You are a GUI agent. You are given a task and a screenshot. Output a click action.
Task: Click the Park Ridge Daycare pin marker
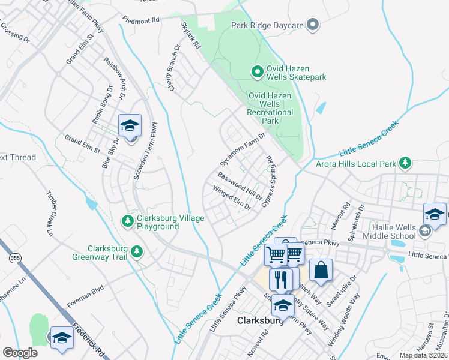coord(312,25)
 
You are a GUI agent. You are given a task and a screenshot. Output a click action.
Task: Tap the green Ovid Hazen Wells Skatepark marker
coord(258,73)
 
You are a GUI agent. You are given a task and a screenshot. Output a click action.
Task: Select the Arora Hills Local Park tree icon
coord(406,163)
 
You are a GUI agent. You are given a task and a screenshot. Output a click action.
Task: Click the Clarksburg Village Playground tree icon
coord(127,221)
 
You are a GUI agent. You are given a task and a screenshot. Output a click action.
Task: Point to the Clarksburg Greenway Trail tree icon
coord(138,251)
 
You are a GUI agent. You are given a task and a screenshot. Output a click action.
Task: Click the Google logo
coord(20,353)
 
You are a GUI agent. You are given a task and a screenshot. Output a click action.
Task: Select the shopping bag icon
coord(321,271)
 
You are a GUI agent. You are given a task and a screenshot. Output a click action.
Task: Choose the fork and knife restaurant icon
coord(280,280)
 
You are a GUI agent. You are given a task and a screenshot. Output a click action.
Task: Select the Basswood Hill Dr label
coord(240,186)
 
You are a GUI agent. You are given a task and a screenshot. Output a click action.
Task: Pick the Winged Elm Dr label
coord(231,197)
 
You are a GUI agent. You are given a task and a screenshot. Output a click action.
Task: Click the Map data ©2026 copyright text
coord(423,355)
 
